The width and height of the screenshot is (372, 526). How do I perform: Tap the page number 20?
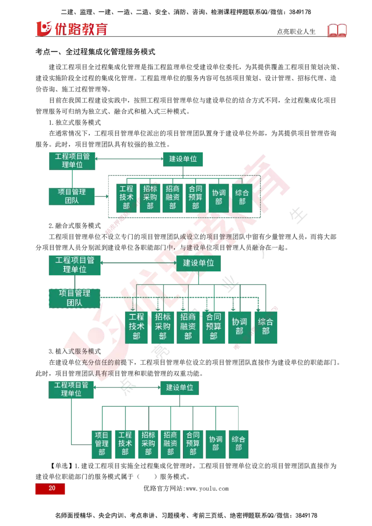pos(50,488)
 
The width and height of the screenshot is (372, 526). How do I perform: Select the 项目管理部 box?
pos(101,444)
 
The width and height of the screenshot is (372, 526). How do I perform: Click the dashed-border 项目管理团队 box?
pos(74,298)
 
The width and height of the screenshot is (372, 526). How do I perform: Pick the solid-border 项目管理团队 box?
pos(72,197)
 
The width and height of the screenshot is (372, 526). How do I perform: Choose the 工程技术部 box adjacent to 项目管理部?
pos(125,444)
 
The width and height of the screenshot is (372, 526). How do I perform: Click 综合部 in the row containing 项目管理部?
pos(238,444)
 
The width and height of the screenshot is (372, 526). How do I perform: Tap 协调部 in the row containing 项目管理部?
pos(216,444)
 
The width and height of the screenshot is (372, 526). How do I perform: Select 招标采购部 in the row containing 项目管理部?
pos(148,444)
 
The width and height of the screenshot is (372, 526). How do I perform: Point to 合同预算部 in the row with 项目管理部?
pos(193,444)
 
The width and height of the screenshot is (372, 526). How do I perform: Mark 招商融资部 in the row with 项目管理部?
pos(170,444)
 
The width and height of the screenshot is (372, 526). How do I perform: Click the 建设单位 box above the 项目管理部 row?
pos(180,388)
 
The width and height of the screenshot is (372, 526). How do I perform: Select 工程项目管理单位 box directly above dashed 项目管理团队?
pos(74,264)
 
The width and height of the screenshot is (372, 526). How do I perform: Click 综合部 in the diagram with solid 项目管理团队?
pos(242,197)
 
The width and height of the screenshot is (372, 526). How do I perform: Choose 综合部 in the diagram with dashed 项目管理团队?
pos(266,327)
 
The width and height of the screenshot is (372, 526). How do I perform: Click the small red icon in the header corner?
pos(338,31)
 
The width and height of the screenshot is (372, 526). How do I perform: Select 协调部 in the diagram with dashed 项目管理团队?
pos(239,327)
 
